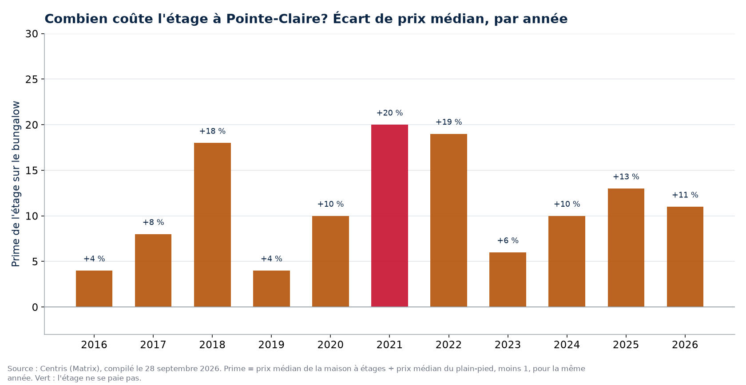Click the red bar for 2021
[x=389, y=216]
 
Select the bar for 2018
[x=212, y=225]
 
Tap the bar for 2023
[x=508, y=279]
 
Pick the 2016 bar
[x=94, y=289]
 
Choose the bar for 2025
[x=626, y=247]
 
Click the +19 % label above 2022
[x=448, y=122]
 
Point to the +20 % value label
[x=390, y=113]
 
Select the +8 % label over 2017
[x=153, y=222]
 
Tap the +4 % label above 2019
[x=271, y=259]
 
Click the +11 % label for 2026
[x=685, y=195]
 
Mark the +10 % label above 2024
[x=567, y=204]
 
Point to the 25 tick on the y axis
[x=32, y=79]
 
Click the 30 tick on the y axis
[x=32, y=34]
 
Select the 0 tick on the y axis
[x=35, y=307]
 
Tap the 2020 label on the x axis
[x=330, y=345]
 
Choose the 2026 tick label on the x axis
[x=685, y=345]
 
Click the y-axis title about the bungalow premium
[x=16, y=184]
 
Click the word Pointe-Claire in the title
[x=278, y=19]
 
